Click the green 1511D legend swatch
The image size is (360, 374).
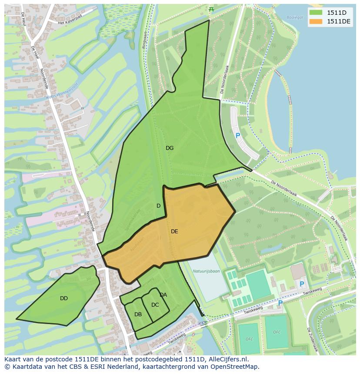[x=316, y=12]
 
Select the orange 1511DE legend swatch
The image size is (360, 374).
[x=316, y=21]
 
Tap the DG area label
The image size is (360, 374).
[x=170, y=148]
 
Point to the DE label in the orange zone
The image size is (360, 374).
[x=174, y=232]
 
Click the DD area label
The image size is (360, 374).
[x=64, y=298]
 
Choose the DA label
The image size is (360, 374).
[x=163, y=295]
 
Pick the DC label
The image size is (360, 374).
[x=155, y=305]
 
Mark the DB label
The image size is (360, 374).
[x=138, y=314]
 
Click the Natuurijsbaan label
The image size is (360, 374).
[x=206, y=271]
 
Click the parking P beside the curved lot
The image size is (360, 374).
[x=238, y=136]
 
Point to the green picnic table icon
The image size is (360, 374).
[x=211, y=9]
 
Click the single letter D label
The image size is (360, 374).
[x=158, y=206]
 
